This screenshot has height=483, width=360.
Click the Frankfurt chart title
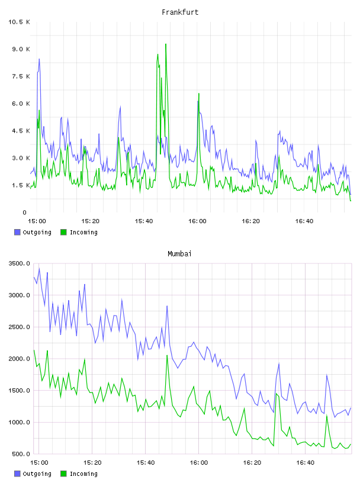pyautogui.click(x=180, y=12)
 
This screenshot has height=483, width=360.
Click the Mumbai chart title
pyautogui.click(x=179, y=254)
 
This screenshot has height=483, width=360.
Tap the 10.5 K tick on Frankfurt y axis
pyautogui.click(x=19, y=22)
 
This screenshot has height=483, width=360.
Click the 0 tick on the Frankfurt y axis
pyautogui.click(x=25, y=212)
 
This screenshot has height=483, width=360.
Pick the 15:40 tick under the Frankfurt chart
pyautogui.click(x=144, y=221)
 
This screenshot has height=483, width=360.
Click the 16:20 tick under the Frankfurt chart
pyautogui.click(x=250, y=221)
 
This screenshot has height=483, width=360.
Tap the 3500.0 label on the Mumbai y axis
pyautogui.click(x=19, y=263)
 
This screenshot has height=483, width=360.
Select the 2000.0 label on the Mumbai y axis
pyautogui.click(x=19, y=359)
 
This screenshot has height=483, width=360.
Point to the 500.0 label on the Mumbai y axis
pyautogui.click(x=21, y=454)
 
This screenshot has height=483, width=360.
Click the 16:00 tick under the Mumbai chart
pyautogui.click(x=199, y=463)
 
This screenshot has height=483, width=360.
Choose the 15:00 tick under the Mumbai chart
pyautogui.click(x=39, y=463)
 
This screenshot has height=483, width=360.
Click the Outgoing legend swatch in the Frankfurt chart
pyautogui.click(x=17, y=232)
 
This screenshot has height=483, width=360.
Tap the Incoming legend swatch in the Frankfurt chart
pyautogui.click(x=63, y=232)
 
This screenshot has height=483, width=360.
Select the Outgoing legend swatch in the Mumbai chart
pyautogui.click(x=17, y=474)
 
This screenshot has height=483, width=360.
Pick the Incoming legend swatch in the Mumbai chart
pyautogui.click(x=63, y=474)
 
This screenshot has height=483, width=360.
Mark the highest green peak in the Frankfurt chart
pyautogui.click(x=166, y=44)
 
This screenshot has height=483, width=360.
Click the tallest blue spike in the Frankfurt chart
pyautogui.click(x=39, y=59)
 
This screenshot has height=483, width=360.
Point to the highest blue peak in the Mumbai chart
pyautogui.click(x=39, y=269)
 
